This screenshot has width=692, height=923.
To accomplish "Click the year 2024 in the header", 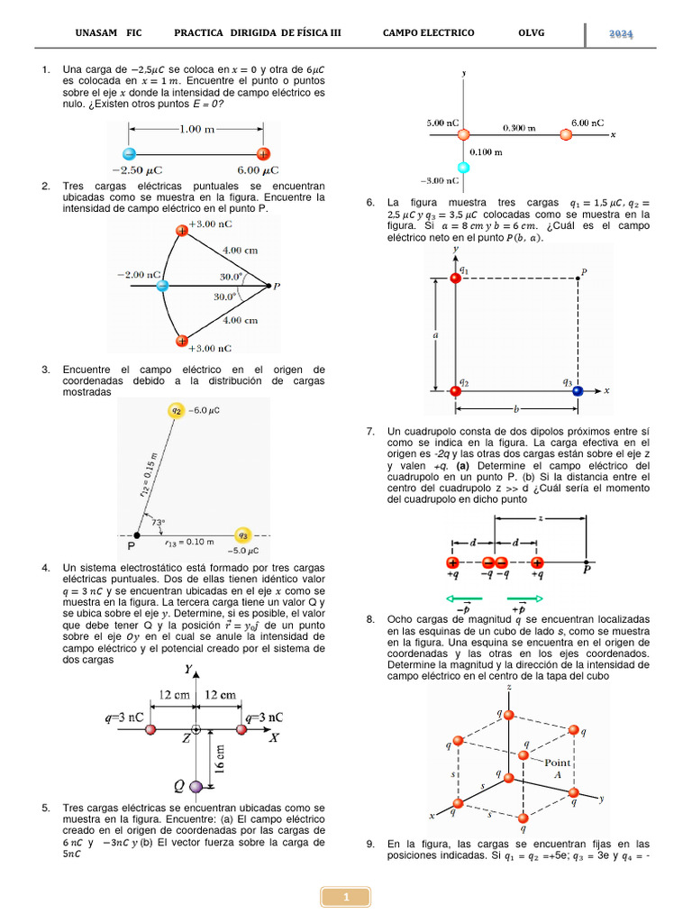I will click(621, 33).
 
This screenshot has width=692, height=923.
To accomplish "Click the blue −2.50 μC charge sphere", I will click(130, 153).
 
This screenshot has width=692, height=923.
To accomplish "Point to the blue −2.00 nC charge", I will click(162, 286).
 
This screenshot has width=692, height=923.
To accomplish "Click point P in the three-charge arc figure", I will click(269, 286).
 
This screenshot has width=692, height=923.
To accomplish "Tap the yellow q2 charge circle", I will click(177, 411).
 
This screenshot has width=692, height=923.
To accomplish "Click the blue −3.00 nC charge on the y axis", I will click(464, 169).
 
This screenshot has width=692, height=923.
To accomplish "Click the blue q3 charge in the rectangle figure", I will click(578, 390).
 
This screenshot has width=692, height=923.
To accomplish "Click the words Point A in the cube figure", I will click(556, 768).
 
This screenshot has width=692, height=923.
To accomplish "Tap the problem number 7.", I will click(370, 433).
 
